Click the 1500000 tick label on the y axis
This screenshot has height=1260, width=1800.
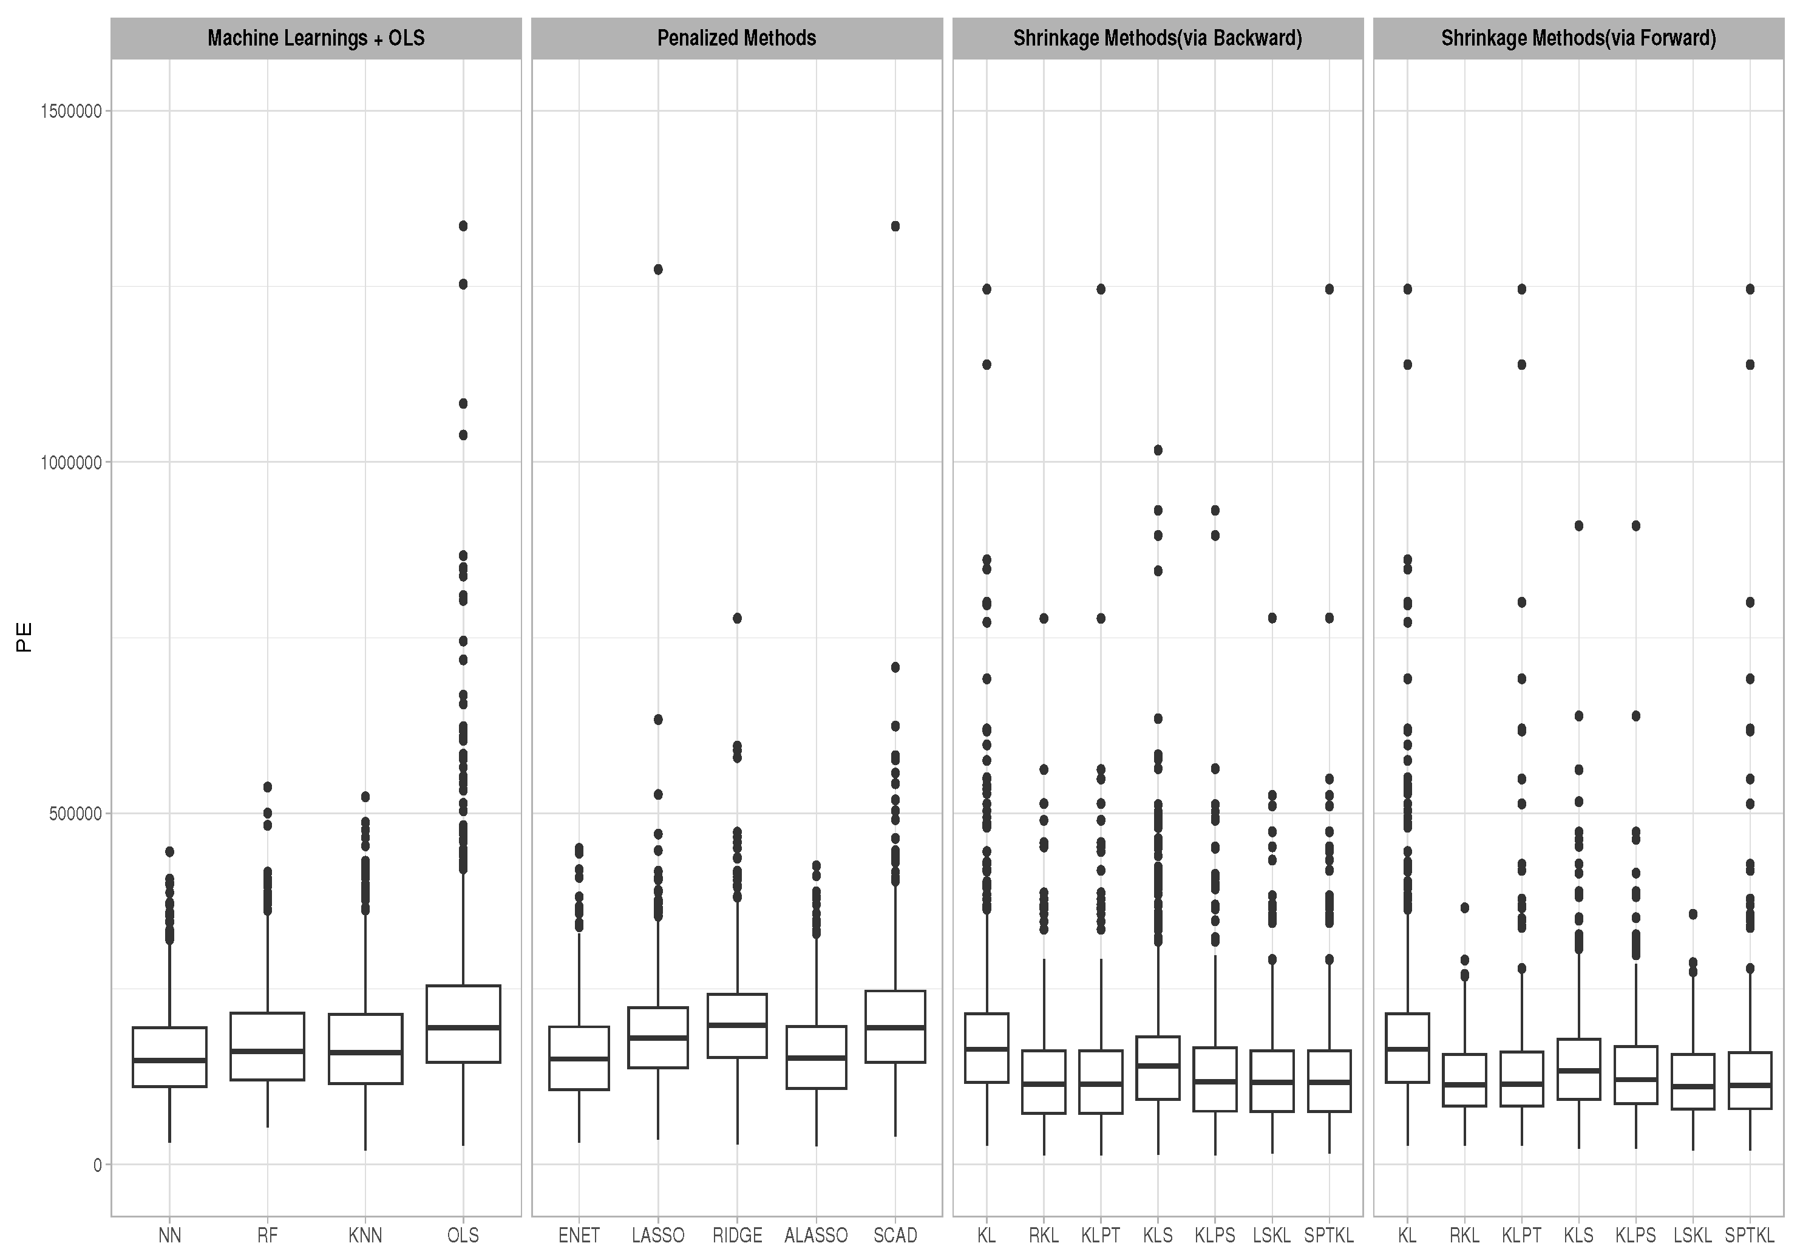click(70, 111)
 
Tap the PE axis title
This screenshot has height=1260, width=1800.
click(24, 638)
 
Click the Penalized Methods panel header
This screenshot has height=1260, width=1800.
click(736, 38)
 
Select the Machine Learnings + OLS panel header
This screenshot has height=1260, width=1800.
click(316, 38)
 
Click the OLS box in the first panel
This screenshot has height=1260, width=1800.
click(463, 1024)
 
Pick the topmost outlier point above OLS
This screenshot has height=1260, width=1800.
click(463, 226)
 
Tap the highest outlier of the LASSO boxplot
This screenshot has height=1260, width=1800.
click(657, 270)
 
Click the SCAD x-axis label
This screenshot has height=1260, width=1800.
click(894, 1236)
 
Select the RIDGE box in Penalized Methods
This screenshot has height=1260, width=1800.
click(737, 1026)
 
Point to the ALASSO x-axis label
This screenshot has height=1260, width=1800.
click(815, 1236)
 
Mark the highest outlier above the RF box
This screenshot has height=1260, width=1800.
click(267, 786)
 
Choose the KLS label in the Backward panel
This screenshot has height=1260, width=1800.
click(1157, 1236)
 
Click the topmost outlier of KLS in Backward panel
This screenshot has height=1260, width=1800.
click(1158, 450)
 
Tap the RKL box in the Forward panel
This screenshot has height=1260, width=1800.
click(1464, 1080)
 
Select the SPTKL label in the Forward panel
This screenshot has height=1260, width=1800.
click(1749, 1236)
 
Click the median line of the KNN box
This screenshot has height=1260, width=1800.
click(365, 1052)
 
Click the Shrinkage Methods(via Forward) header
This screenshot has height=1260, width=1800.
click(1578, 38)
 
